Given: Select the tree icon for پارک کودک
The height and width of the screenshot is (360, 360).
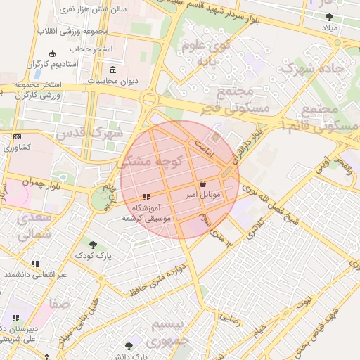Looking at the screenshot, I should tap(94, 245).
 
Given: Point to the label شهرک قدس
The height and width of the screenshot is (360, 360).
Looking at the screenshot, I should tap(89, 132).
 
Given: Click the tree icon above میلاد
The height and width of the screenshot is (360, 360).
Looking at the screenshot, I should tap(330, 16).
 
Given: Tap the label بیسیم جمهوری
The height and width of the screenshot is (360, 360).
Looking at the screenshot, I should tap(170, 332).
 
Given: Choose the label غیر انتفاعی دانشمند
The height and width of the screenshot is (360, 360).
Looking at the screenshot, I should tap(34, 274).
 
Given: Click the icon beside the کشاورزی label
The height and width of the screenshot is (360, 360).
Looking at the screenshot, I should tap(17, 136).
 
